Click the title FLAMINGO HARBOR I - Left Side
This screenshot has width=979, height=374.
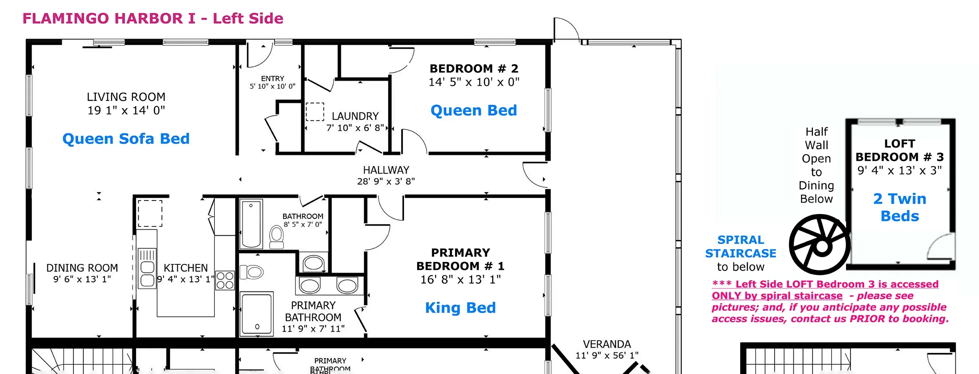(x=153, y=18)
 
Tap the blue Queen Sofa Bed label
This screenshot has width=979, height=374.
(x=126, y=139)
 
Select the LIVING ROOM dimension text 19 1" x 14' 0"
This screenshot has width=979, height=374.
(x=126, y=110)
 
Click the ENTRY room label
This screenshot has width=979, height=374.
(x=273, y=79)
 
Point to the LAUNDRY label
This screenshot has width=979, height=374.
(x=355, y=116)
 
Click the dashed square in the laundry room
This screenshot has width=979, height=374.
(x=315, y=112)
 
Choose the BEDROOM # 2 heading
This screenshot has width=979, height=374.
(x=474, y=69)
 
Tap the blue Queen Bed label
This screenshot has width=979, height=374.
(x=474, y=110)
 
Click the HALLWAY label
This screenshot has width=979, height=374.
(x=386, y=170)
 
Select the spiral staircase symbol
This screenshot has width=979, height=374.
(x=820, y=244)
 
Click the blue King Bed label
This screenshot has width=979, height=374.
(x=460, y=308)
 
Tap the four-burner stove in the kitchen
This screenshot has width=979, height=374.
(x=225, y=280)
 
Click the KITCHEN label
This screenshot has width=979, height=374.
(x=186, y=268)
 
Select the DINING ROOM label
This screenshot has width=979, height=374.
(x=82, y=268)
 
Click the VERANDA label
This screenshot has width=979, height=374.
(x=607, y=344)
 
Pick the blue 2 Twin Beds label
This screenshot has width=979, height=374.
(x=900, y=207)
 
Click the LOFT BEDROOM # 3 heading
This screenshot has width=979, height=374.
(x=900, y=150)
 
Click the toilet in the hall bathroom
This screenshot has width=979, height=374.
(x=276, y=237)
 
